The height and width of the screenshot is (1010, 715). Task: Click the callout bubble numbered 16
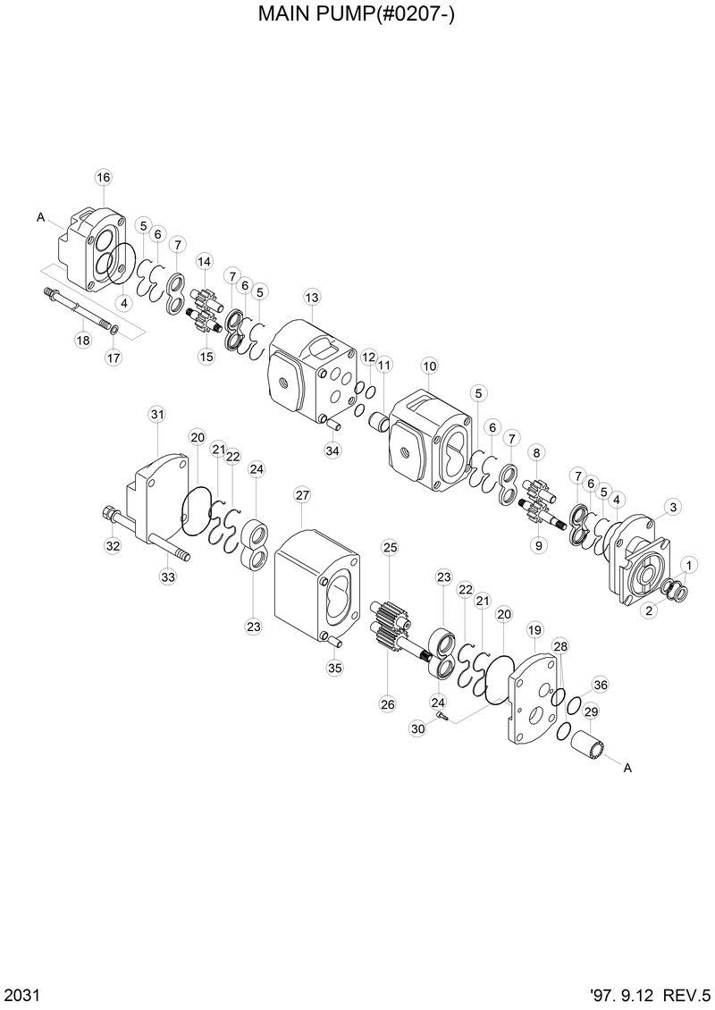pyautogui.click(x=103, y=177)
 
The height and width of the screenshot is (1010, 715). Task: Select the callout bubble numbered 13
pyautogui.click(x=311, y=297)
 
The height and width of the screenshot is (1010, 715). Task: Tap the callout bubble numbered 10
pyautogui.click(x=429, y=366)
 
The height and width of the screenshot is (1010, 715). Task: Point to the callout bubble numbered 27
pyautogui.click(x=302, y=495)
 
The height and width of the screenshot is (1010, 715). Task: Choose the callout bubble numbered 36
pyautogui.click(x=601, y=686)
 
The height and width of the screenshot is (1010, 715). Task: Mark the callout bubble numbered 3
pyautogui.click(x=673, y=507)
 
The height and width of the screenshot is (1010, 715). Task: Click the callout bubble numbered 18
pyautogui.click(x=82, y=341)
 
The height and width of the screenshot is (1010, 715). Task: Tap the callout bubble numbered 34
pyautogui.click(x=332, y=451)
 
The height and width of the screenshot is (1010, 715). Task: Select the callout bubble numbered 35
pyautogui.click(x=334, y=667)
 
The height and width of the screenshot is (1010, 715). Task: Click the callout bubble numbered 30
pyautogui.click(x=417, y=729)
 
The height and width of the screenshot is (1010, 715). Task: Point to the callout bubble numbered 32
pyautogui.click(x=113, y=546)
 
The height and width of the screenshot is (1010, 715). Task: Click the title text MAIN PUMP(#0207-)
pyautogui.click(x=357, y=15)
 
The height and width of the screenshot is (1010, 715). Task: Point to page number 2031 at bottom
pyautogui.click(x=20, y=994)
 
